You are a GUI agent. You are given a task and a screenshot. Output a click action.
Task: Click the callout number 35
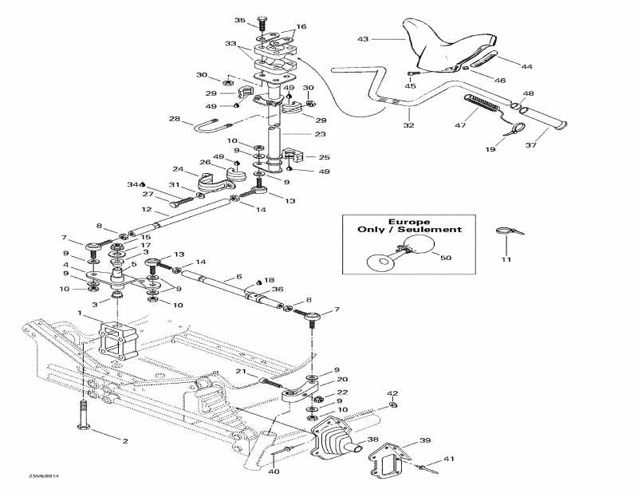pos(240,20)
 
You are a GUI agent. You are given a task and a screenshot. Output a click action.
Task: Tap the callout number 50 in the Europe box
pos(445,258)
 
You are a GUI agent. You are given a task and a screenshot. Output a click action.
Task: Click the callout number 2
pos(124,440)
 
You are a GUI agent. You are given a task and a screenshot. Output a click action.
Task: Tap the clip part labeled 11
pos(504,232)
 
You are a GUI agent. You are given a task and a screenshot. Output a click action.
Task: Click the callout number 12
pos(147,210)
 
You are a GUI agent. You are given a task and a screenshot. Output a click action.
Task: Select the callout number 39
pos(425,440)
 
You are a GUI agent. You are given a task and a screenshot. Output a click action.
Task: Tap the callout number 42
pos(392,394)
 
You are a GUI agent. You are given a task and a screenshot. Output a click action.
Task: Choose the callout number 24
pos(179,169)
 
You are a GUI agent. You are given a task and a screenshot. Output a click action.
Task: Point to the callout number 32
pos(409,125)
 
